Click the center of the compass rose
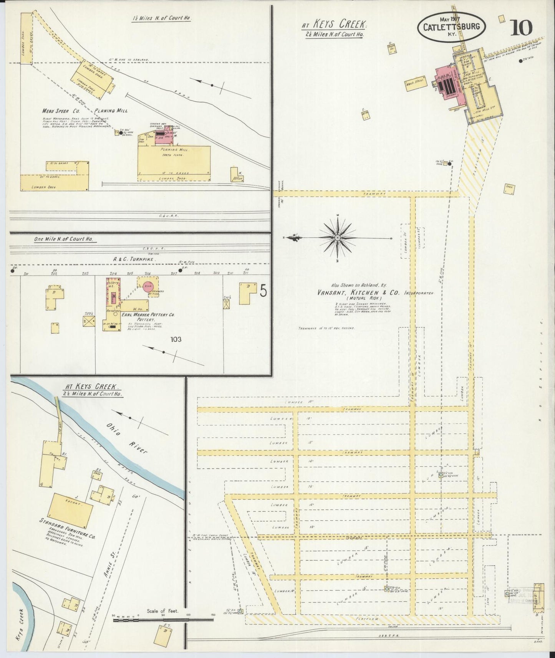tap(337, 238)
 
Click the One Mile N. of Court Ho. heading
tap(65, 239)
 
